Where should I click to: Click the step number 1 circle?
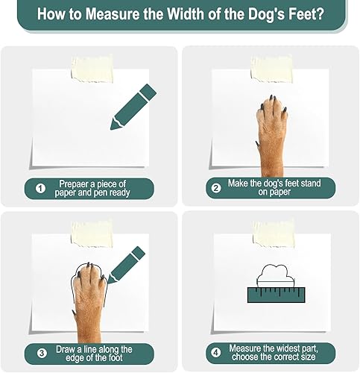coord(40,189)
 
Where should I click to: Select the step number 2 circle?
coord(216,189)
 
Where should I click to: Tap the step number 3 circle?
coord(40,354)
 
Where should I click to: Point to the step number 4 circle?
coord(216,354)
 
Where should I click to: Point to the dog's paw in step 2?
coord(270,127)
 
